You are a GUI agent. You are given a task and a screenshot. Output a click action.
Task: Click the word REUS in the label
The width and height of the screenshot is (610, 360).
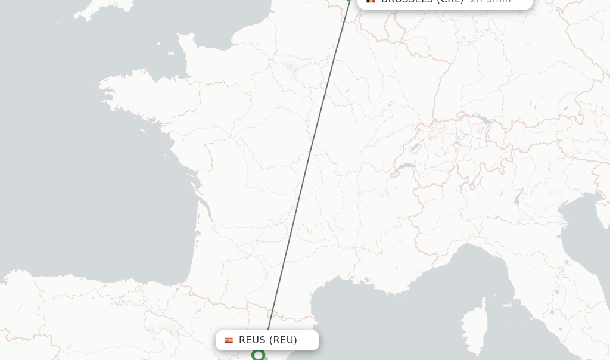click(252, 340)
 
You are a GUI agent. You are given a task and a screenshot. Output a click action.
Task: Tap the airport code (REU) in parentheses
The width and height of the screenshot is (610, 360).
click(283, 340)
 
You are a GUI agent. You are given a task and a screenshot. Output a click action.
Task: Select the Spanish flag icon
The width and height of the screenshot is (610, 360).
click(229, 340)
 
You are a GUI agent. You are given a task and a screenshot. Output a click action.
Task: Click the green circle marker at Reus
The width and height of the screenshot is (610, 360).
click(258, 355)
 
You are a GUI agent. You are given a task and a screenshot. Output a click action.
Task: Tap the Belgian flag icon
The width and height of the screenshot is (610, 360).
click(371, 1)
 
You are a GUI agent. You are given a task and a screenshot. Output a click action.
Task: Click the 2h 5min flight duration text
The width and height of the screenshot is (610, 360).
click(490, 2)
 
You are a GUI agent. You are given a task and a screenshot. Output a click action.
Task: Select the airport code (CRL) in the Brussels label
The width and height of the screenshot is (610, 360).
click(450, 2)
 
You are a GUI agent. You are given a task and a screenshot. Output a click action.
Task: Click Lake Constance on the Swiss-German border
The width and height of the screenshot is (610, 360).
click(484, 121)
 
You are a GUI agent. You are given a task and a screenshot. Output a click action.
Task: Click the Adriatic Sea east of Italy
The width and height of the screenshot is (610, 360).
click(587, 238)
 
